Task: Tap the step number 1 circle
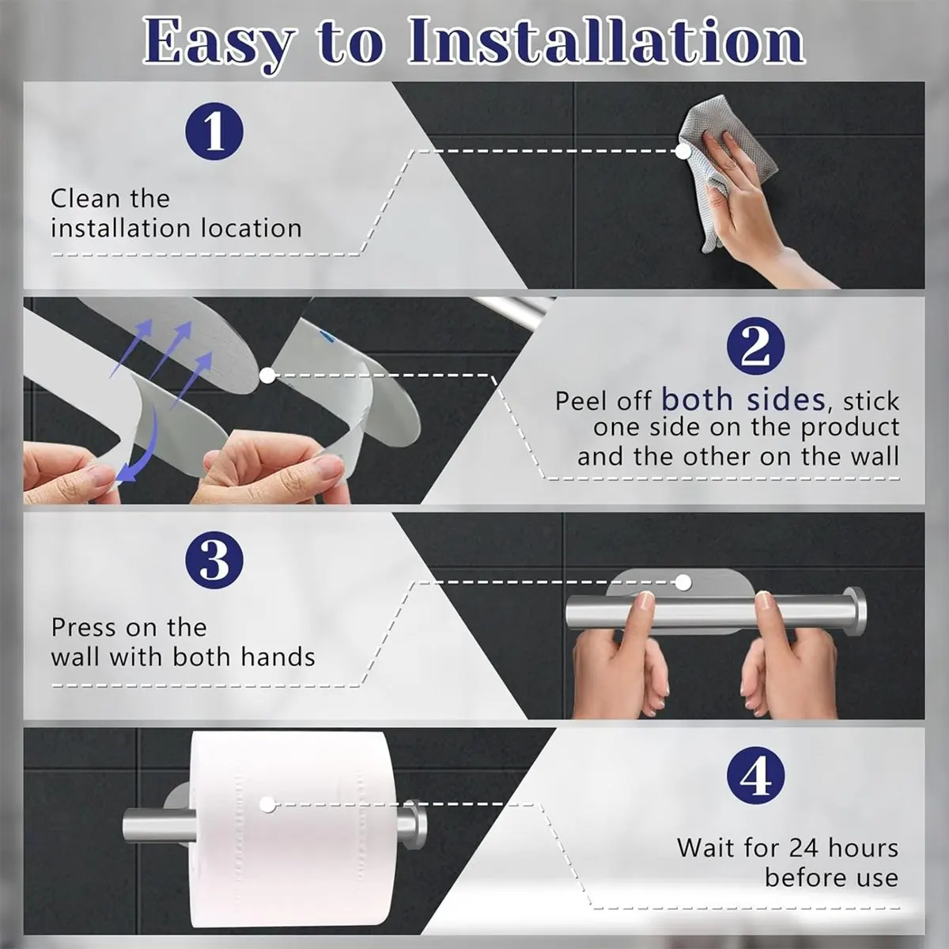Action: click(x=214, y=131)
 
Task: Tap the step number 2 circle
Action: click(x=755, y=346)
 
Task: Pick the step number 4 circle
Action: click(x=755, y=776)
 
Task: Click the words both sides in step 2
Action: click(x=743, y=400)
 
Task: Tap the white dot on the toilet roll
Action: click(x=267, y=805)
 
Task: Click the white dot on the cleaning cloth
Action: click(x=682, y=151)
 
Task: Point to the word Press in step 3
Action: click(x=83, y=627)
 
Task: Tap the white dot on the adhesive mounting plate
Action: click(x=682, y=583)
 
